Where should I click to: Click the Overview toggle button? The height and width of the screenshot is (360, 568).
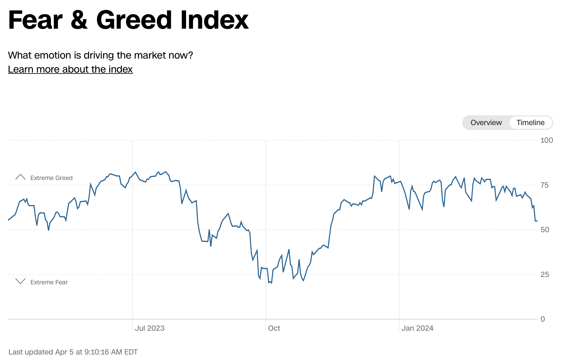pos(486,123)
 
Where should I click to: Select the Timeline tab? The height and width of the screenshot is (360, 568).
pos(530,123)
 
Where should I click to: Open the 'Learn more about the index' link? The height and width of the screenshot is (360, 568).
pos(70,69)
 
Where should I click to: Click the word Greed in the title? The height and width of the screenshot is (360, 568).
pos(134,20)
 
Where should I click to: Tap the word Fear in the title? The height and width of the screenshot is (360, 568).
pos(35,20)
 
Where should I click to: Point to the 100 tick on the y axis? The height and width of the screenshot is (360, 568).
pos(546,140)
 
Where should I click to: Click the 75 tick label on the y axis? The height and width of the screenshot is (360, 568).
pos(545,185)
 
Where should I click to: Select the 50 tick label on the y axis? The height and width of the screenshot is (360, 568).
pos(545,230)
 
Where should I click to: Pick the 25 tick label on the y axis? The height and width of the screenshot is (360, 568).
pos(545,275)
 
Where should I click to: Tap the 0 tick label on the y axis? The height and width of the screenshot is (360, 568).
pos(542,319)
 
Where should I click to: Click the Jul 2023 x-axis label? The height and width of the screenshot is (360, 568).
pos(149,328)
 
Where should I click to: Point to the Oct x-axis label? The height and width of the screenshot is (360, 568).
pos(274,328)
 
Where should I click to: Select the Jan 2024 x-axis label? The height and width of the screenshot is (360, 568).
pos(417,328)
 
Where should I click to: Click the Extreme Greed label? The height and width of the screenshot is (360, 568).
pos(51,178)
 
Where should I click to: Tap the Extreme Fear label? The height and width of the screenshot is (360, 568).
pos(49,282)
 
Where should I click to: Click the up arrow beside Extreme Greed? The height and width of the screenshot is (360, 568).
pos(20,177)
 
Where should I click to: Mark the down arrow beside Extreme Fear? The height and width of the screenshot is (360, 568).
pos(20,281)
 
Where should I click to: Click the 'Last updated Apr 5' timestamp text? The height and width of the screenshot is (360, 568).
pos(73,352)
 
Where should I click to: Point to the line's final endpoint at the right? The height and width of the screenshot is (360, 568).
pos(537,221)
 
